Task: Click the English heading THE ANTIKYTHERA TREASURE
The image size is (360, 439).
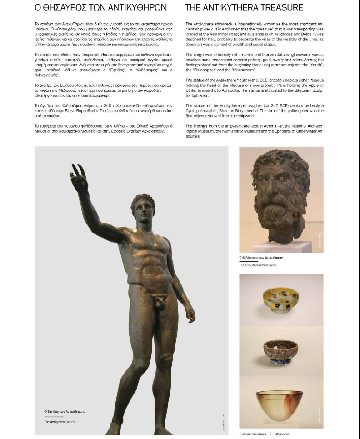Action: (x=244, y=8)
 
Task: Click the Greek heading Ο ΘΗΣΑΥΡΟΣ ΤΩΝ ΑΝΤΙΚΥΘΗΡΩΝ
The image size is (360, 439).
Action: (x=100, y=8)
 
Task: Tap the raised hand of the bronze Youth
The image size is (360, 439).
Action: (x=78, y=179)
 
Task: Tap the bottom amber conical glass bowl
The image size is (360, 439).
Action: (x=281, y=399)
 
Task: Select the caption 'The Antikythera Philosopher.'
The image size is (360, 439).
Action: (x=258, y=264)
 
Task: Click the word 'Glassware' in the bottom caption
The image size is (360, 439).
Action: (x=281, y=434)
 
